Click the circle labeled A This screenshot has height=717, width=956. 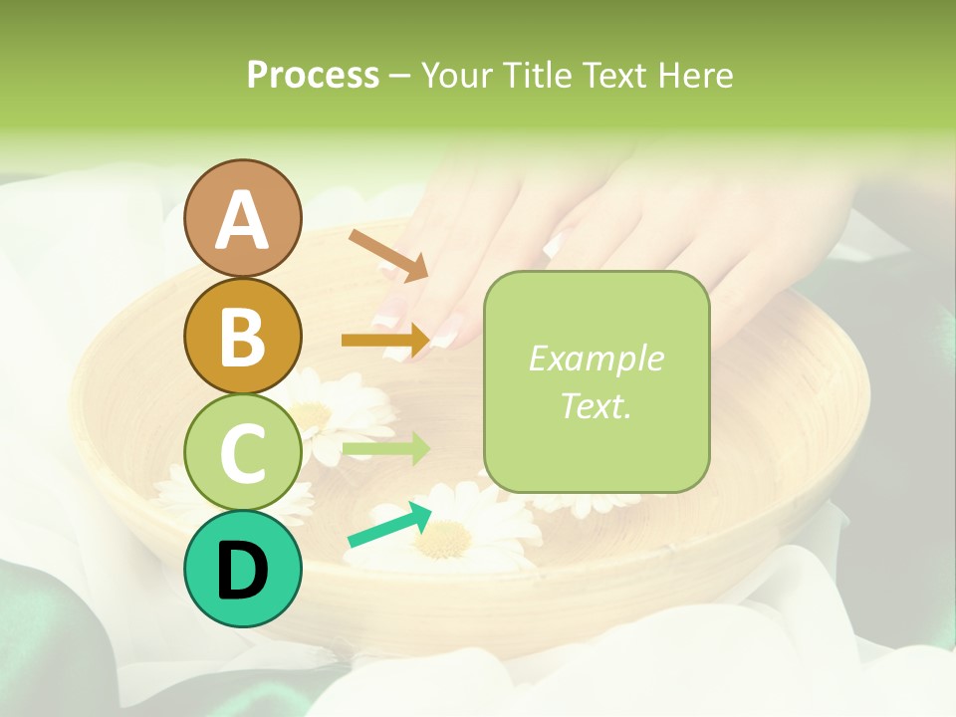click(x=242, y=218)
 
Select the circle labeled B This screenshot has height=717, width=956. click(x=242, y=336)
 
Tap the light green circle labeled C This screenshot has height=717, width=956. click(x=242, y=451)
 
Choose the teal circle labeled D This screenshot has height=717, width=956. click(x=242, y=569)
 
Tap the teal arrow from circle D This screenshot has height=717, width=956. click(x=389, y=526)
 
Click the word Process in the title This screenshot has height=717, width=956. click(x=313, y=75)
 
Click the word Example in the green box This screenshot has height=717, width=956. click(x=596, y=358)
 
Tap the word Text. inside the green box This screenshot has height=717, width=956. click(x=596, y=405)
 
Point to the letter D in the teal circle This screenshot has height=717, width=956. click(x=242, y=570)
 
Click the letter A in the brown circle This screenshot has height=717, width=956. click(x=242, y=219)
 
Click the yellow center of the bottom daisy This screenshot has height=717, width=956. click(x=444, y=538)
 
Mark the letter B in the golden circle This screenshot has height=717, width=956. click(x=242, y=337)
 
